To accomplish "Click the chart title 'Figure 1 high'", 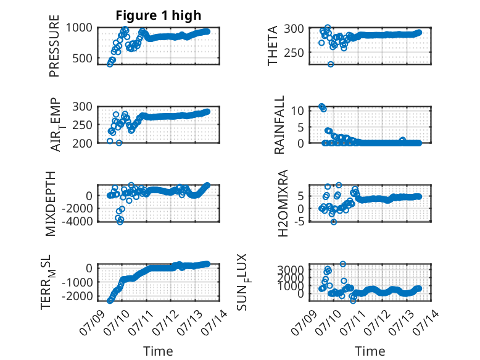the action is click(x=159, y=15).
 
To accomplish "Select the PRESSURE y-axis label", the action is click(x=54, y=46).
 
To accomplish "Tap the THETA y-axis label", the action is click(x=272, y=46).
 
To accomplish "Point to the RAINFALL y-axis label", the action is click(x=279, y=125).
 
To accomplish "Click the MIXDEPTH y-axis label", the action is click(x=51, y=204).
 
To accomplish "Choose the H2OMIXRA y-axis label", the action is click(x=283, y=203).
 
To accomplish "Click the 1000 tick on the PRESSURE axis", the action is click(x=79, y=28).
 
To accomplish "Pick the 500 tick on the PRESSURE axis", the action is click(x=82, y=58).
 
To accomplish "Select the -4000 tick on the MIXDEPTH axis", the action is click(x=77, y=221).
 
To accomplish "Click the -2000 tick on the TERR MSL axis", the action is click(x=77, y=296).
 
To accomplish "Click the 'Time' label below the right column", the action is click(x=370, y=351).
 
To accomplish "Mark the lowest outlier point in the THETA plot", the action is click(x=331, y=64).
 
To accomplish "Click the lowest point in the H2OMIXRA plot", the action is click(x=334, y=222).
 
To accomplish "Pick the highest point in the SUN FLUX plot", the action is click(x=343, y=264).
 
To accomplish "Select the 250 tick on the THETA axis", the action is click(x=294, y=52).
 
